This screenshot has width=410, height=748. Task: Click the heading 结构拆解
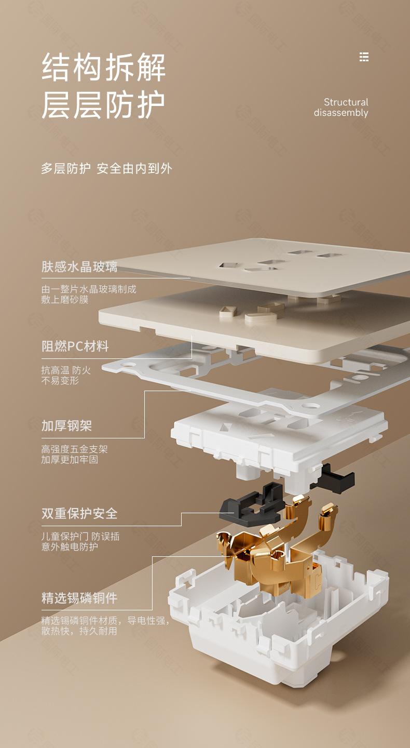pyautogui.click(x=103, y=68)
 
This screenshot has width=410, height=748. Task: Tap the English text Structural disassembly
pyautogui.click(x=341, y=108)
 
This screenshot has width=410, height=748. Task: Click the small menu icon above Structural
pyautogui.click(x=364, y=57)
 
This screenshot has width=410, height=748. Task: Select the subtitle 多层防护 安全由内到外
pyautogui.click(x=106, y=168)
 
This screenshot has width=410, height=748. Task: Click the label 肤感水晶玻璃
pyautogui.click(x=79, y=267)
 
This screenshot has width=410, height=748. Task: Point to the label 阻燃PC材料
pyautogui.click(x=75, y=346)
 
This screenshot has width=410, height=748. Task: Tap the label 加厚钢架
pyautogui.click(x=66, y=426)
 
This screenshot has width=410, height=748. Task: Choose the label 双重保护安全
pyautogui.click(x=79, y=514)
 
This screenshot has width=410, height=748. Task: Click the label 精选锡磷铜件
pyautogui.click(x=79, y=598)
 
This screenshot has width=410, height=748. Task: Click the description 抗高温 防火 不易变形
pyautogui.click(x=66, y=376)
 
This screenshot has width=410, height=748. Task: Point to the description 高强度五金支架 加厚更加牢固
pyautogui.click(x=74, y=455)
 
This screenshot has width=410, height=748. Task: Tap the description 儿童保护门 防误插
pyautogui.click(x=80, y=537)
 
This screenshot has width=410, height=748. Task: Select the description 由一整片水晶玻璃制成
pyautogui.click(x=89, y=289)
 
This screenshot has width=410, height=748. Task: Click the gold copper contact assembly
pyautogui.click(x=275, y=551)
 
